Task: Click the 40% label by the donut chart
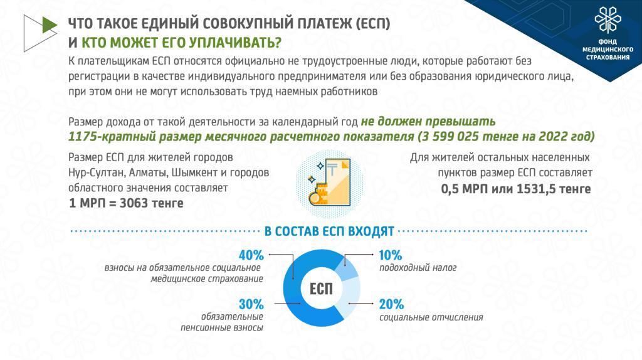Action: tap(251, 255)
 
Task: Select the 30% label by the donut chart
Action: tap(251, 304)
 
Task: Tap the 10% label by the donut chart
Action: tap(391, 255)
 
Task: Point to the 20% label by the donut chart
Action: tap(391, 304)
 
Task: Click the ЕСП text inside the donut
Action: tap(321, 289)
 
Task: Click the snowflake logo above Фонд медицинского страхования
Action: tap(608, 19)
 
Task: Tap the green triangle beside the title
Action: tap(49, 25)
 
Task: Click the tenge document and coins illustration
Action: tap(330, 183)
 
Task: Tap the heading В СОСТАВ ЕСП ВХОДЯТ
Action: tap(329, 231)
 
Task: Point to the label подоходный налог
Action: tap(418, 268)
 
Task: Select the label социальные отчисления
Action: tap(431, 317)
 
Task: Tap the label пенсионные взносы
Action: tap(221, 328)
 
